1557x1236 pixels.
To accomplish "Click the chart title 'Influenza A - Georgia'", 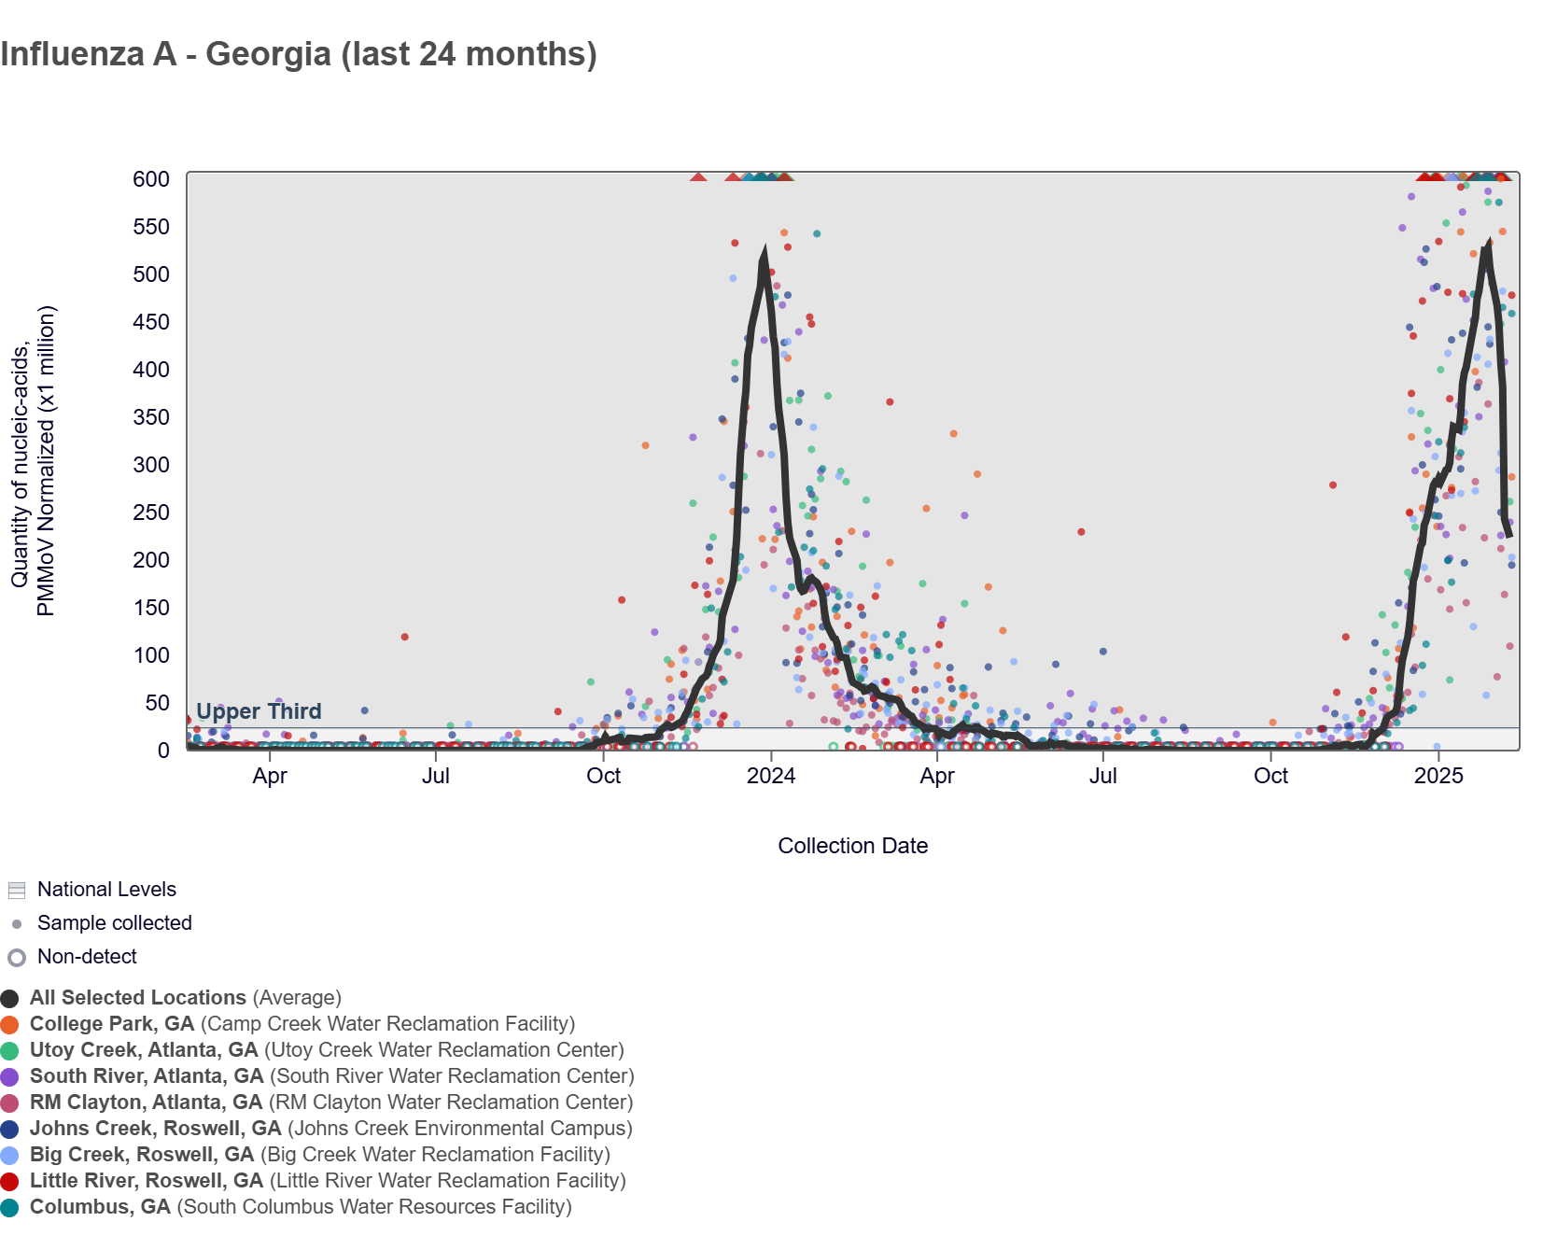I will tap(299, 54).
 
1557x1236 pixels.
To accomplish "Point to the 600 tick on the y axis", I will tap(151, 179).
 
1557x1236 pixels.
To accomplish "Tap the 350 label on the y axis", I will tap(151, 417).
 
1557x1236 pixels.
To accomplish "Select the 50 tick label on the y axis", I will tap(157, 703).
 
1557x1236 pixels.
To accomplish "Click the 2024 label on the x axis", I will tap(771, 776).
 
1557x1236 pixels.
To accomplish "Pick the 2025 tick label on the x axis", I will tap(1438, 776).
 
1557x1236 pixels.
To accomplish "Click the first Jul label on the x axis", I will tap(436, 776).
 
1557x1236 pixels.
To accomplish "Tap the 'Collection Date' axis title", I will tap(852, 846).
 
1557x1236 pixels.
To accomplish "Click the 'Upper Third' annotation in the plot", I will tap(259, 711).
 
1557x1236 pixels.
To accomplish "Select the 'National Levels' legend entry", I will tap(106, 890).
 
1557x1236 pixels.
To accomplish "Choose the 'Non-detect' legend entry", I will tap(87, 957).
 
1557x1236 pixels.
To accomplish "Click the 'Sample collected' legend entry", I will tap(114, 923).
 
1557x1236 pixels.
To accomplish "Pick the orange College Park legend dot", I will tap(10, 1025).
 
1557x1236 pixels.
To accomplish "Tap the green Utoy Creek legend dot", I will tap(10, 1051).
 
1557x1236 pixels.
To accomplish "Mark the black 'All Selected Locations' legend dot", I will tap(10, 999).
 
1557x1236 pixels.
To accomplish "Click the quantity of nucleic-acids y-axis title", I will tap(33, 461).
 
